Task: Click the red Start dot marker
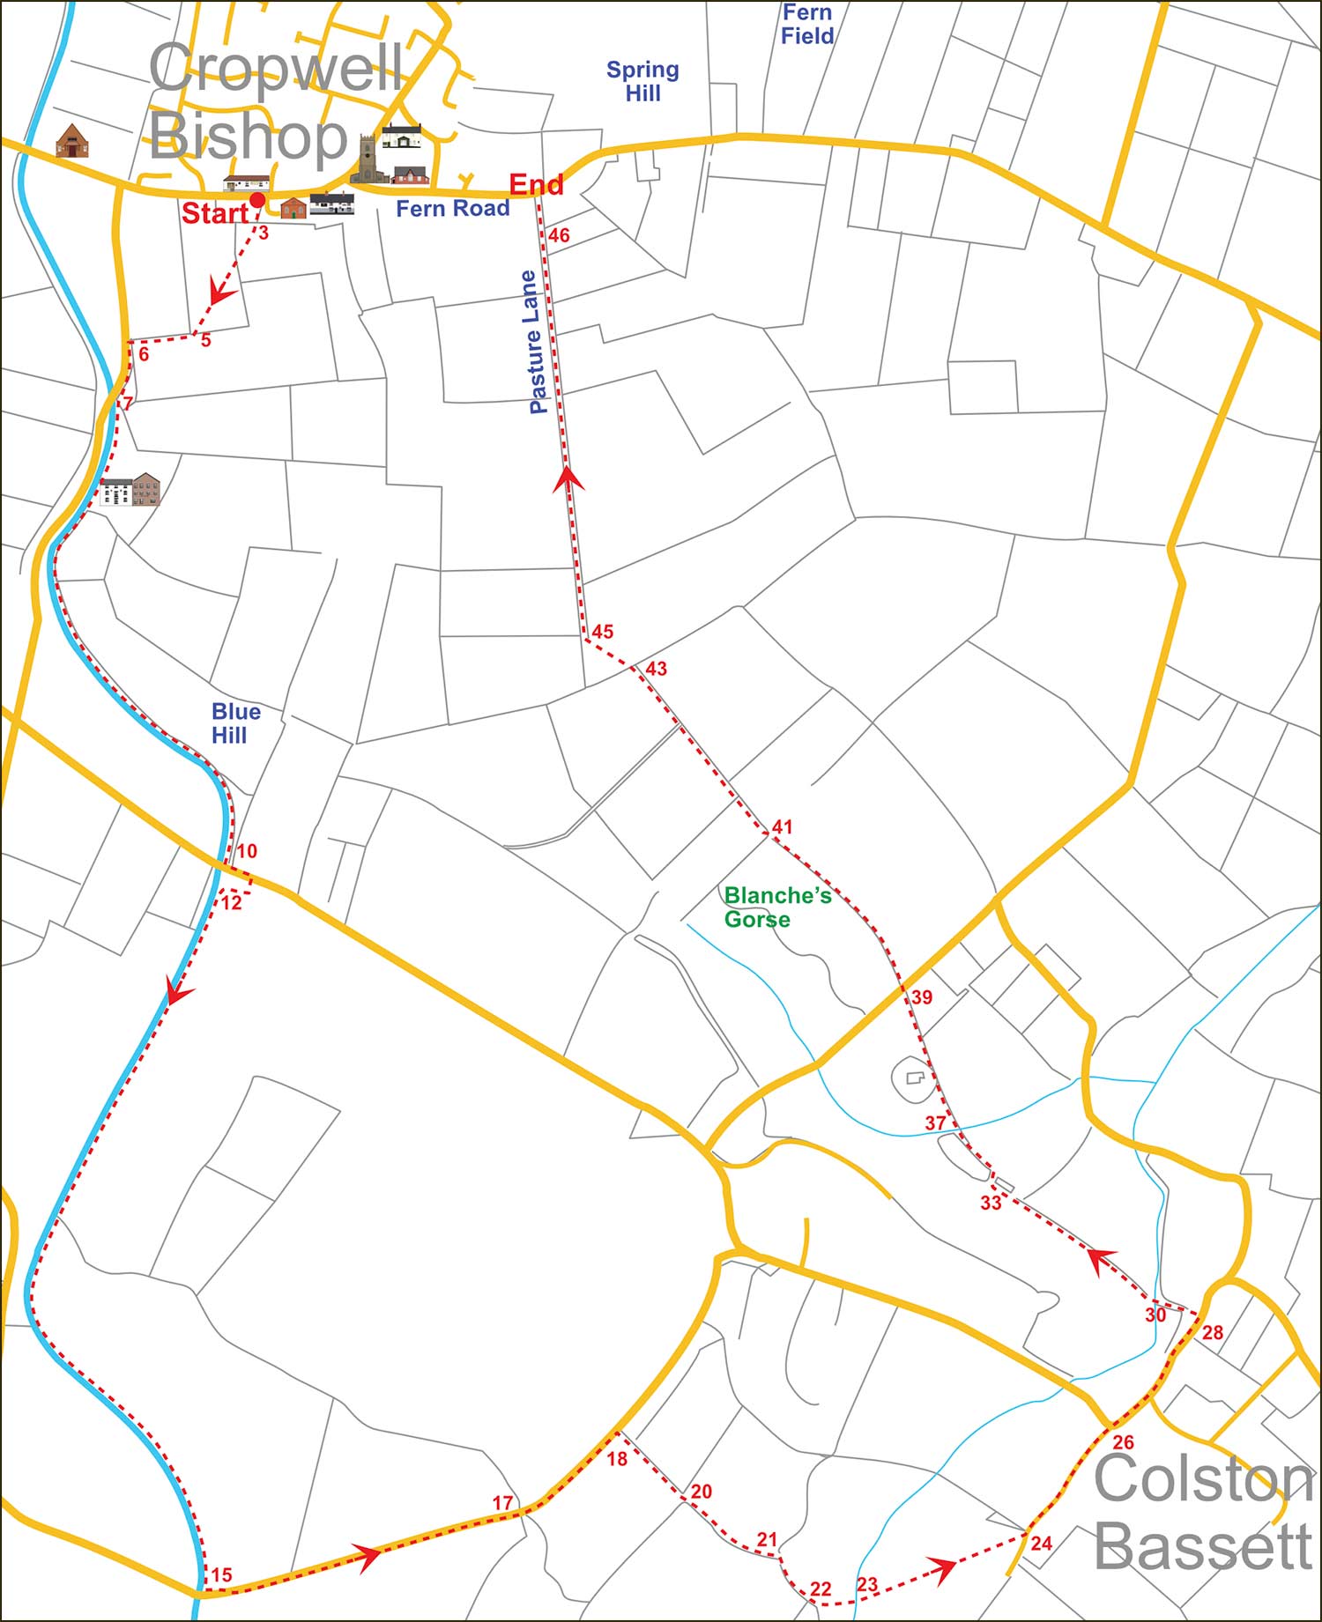click(x=256, y=201)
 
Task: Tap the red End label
click(x=536, y=184)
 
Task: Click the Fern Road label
click(x=452, y=209)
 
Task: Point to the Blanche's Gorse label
click(x=776, y=907)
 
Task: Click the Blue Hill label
click(x=235, y=723)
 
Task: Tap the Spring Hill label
click(x=642, y=81)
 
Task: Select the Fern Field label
click(x=806, y=25)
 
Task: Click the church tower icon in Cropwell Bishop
click(x=367, y=159)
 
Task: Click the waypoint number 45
click(x=602, y=632)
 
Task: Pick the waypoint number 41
click(x=782, y=827)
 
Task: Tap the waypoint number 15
click(x=221, y=1574)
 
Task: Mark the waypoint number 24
click(x=1041, y=1543)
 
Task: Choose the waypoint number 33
click(x=991, y=1204)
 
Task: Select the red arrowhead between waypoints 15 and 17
click(x=368, y=1557)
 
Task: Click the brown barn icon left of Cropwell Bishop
click(x=71, y=141)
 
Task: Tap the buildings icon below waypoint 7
click(x=130, y=490)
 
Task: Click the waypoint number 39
click(x=921, y=997)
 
